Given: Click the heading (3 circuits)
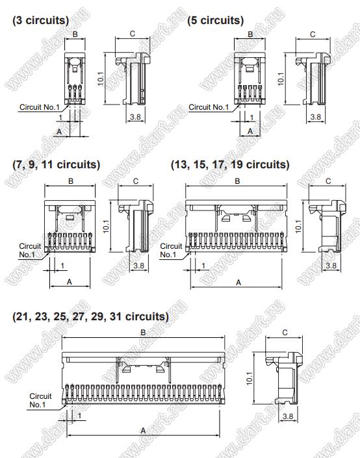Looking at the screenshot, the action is point(41,20).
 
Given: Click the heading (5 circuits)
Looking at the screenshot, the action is point(215,20).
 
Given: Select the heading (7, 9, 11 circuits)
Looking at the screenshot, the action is point(57,164).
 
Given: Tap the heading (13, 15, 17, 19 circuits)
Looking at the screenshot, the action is point(230,164).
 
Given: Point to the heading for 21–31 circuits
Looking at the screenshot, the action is point(90,316).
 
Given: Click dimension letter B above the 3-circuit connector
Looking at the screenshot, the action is point(75,34).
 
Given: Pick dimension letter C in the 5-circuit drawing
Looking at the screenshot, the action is point(313,34).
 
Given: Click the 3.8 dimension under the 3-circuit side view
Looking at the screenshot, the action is point(135,117).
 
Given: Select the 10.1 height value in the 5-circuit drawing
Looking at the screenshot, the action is point(281,79).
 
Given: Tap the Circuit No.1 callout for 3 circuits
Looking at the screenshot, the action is point(40,107).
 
